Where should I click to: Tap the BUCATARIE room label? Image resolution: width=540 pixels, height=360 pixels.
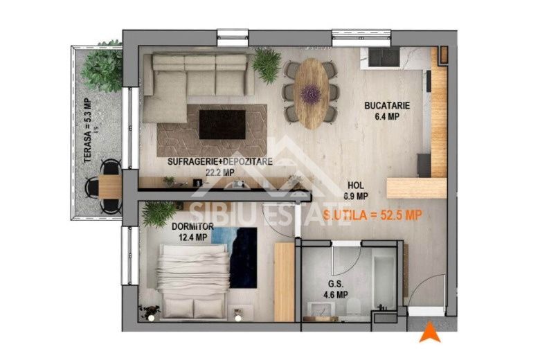point(388,106)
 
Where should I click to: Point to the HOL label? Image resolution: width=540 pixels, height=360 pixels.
point(356,186)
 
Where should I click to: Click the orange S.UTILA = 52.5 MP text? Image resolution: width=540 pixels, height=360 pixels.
point(372,215)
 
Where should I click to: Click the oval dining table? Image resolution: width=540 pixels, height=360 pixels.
point(312,93)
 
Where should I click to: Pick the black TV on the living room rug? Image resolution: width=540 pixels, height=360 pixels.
point(222,124)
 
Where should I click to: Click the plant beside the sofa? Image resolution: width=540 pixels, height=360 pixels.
point(267,65)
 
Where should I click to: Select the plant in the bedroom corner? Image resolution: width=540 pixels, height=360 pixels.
point(159,213)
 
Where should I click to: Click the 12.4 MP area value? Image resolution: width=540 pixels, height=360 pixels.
point(193,237)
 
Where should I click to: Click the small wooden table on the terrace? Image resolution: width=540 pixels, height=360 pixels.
point(109,185)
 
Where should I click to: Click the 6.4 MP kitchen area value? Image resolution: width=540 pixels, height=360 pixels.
point(388,117)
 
